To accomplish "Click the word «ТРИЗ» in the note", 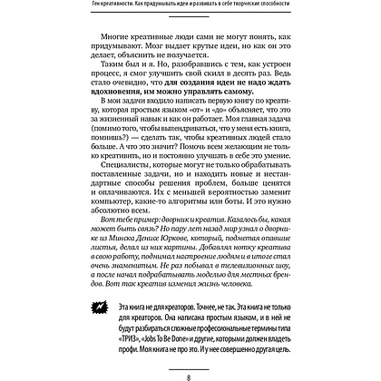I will point(157,332).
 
